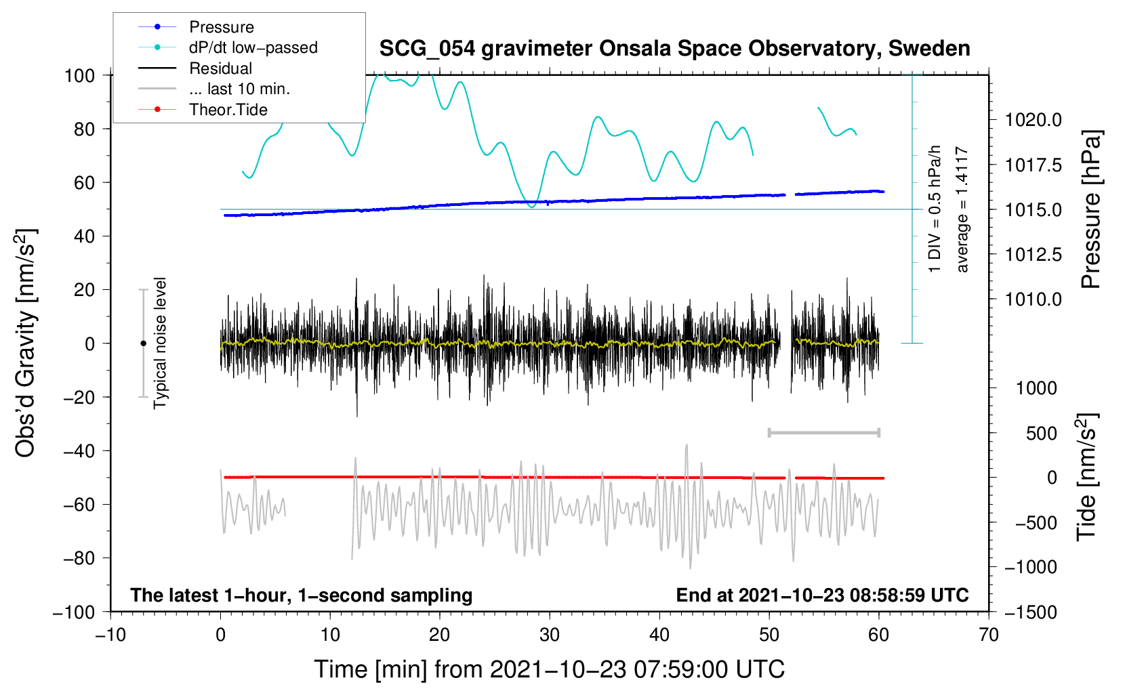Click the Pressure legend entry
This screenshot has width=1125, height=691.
click(221, 27)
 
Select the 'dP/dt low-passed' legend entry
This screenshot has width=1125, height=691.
click(253, 47)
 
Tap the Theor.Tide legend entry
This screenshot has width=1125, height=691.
click(228, 110)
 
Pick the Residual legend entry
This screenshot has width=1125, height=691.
click(220, 68)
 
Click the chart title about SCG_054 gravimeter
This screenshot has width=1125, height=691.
click(674, 49)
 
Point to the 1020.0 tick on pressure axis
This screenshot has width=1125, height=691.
click(1033, 121)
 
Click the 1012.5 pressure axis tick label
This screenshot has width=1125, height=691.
click(1033, 255)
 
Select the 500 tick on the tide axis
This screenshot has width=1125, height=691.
click(1041, 434)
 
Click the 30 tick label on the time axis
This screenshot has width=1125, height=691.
click(550, 635)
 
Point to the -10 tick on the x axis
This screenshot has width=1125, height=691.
click(110, 635)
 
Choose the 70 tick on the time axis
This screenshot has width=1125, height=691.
click(989, 635)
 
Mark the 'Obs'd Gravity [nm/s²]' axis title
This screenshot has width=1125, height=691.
click(26, 343)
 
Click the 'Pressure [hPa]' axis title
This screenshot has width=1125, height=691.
click(1090, 209)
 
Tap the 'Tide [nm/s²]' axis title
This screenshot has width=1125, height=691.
click(1086, 477)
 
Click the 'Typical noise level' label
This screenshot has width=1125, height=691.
click(160, 343)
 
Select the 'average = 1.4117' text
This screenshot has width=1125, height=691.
click(962, 209)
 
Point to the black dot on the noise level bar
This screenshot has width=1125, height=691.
click(143, 343)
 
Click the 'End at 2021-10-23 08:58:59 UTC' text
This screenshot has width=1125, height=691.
click(822, 595)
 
